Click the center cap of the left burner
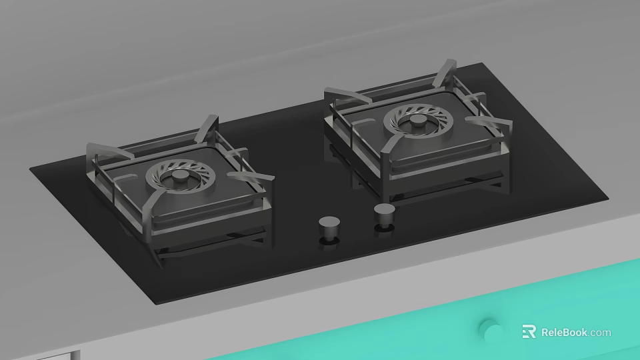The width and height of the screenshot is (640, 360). click(x=179, y=176)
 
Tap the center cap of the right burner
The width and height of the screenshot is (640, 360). click(x=418, y=121)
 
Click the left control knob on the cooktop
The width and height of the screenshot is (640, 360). click(x=329, y=227)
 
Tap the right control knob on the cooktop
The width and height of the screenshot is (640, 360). click(x=385, y=215)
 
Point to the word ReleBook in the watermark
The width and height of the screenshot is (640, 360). click(x=564, y=332)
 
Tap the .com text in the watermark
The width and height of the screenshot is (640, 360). click(x=599, y=333)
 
